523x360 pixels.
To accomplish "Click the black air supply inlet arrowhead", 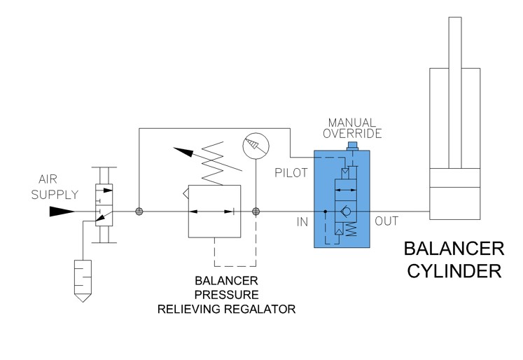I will [62, 211].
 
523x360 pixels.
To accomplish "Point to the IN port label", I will [302, 222].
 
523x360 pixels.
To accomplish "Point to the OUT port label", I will [386, 222].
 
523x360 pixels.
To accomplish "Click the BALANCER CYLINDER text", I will [454, 260].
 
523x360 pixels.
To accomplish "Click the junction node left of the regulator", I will [139, 211].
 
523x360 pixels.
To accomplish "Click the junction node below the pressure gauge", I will [256, 211].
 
